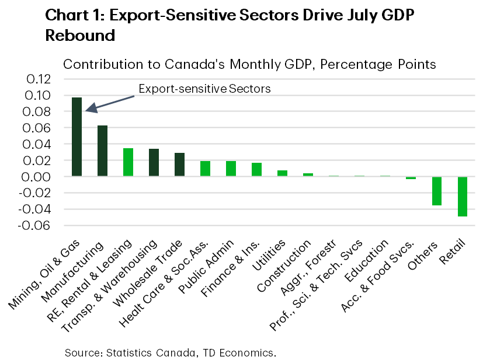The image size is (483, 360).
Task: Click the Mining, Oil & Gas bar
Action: pos(77,137)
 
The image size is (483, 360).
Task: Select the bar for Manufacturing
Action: pos(102,151)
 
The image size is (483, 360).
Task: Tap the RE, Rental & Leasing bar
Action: pos(128,162)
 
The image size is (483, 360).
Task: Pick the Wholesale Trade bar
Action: pos(179,165)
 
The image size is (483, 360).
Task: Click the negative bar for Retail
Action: pos(462,196)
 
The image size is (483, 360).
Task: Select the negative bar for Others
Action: pos(436,191)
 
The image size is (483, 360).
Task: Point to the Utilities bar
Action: pos(282,173)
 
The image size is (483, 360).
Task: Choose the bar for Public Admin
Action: pos(231,169)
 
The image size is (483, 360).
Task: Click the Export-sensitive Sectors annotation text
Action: pos(205,89)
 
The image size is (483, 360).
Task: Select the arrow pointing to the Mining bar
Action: pos(111,101)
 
